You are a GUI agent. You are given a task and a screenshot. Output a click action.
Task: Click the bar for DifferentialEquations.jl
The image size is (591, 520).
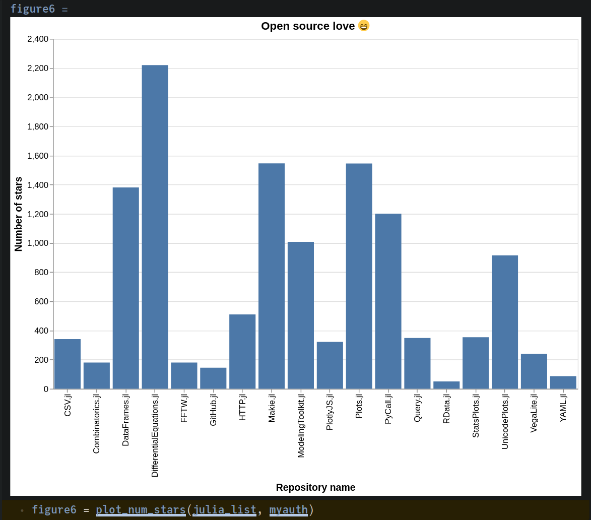click(x=155, y=227)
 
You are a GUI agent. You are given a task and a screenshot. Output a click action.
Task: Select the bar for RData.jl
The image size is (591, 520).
click(x=446, y=385)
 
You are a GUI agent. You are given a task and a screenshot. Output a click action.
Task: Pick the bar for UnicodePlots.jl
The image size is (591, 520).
click(x=505, y=322)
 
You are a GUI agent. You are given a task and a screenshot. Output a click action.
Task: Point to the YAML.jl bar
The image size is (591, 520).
click(x=563, y=382)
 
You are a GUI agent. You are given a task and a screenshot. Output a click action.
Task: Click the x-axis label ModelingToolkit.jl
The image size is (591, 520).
click(x=301, y=426)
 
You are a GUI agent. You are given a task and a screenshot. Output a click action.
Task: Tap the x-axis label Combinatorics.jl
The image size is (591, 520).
click(x=96, y=424)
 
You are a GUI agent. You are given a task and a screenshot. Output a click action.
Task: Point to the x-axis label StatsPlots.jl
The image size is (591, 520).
click(x=476, y=416)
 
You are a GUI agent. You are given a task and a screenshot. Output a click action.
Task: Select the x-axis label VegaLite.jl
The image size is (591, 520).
click(x=534, y=413)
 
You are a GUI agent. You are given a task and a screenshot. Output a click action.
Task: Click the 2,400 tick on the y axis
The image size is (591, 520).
click(x=38, y=39)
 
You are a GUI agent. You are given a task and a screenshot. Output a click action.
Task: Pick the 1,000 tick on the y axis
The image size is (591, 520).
click(x=38, y=243)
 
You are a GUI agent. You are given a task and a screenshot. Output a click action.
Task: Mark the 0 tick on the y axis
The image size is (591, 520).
click(x=46, y=389)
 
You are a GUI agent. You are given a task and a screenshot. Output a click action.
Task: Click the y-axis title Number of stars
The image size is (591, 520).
click(x=19, y=214)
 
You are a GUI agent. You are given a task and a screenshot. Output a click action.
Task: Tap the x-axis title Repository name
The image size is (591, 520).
click(x=315, y=487)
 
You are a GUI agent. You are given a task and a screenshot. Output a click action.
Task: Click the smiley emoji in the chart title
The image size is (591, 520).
click(x=364, y=26)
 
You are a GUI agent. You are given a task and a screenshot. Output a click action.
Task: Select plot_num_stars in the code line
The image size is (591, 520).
click(x=141, y=510)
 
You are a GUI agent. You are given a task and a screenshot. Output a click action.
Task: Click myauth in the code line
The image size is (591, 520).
click(x=288, y=510)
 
